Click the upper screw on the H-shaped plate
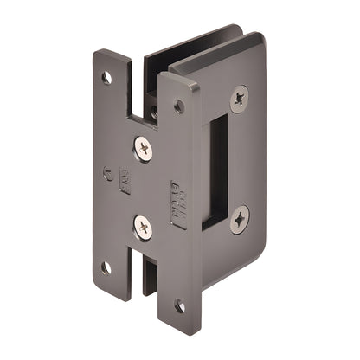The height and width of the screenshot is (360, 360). coord(143,149)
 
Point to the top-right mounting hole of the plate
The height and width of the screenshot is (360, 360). coord(178,106)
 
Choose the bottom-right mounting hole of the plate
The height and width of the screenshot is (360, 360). coord(179,306)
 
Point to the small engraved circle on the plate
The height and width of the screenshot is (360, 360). coord(107,170)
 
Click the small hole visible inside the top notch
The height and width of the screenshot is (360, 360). coord(154,111)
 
